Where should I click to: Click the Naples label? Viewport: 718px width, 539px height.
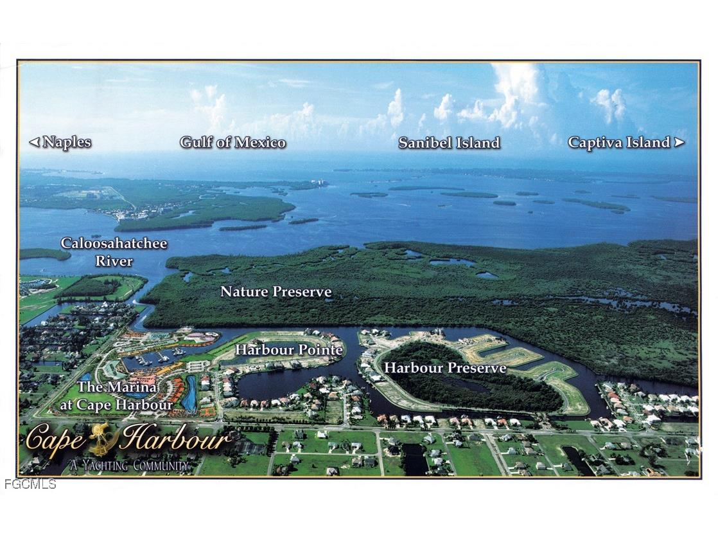(x=67, y=142)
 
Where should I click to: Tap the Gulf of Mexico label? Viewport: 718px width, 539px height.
(x=232, y=142)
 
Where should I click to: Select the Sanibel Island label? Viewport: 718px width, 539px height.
(x=449, y=143)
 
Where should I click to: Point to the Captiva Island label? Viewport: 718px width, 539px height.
(x=619, y=143)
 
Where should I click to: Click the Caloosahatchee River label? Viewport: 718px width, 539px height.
(x=114, y=251)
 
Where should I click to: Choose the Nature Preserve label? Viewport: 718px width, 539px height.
(x=276, y=292)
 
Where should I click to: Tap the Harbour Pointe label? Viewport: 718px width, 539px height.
(x=288, y=350)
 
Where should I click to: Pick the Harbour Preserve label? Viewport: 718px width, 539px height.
(x=445, y=368)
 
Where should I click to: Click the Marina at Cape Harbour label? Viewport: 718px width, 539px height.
(x=116, y=396)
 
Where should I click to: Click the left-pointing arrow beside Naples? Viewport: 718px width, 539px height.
(x=34, y=142)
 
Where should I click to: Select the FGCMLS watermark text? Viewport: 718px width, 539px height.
(x=30, y=484)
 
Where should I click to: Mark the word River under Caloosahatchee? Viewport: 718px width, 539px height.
(x=114, y=261)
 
